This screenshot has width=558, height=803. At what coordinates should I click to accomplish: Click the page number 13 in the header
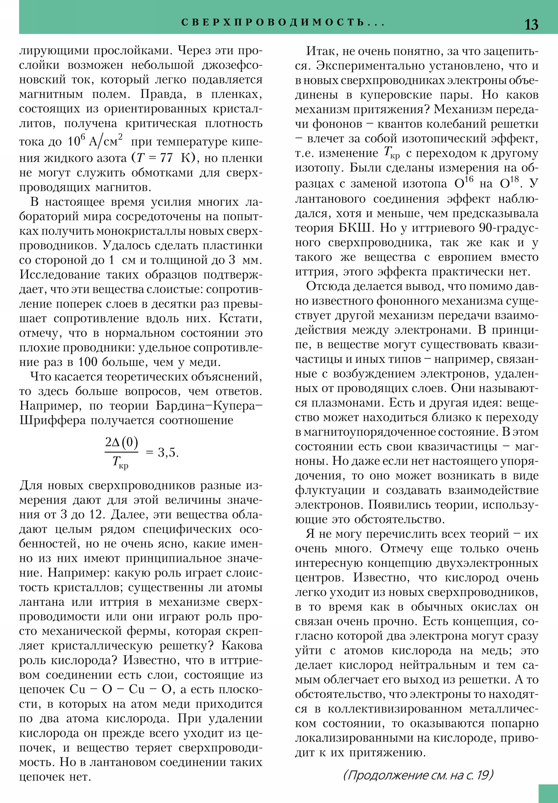(x=531, y=24)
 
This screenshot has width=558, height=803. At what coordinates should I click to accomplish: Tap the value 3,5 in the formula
(x=168, y=452)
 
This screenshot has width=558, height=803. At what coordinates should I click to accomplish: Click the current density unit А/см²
(x=106, y=141)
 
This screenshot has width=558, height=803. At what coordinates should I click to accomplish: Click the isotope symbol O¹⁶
(x=464, y=183)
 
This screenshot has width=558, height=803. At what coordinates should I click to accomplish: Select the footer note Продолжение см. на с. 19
(x=418, y=775)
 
